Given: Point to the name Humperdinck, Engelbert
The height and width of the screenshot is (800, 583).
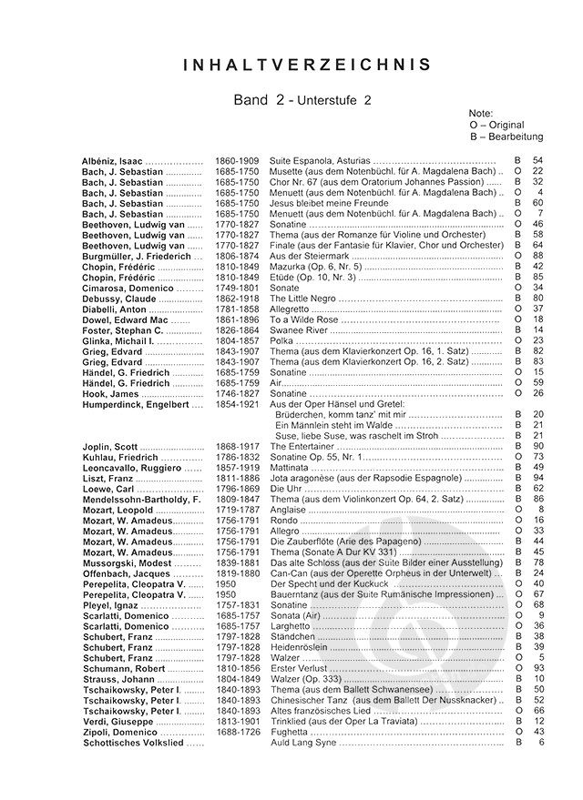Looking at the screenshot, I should [x=136, y=404].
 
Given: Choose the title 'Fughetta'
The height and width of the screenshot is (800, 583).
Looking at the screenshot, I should [x=291, y=733].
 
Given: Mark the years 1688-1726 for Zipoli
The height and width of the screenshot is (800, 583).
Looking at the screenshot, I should [x=237, y=733].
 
